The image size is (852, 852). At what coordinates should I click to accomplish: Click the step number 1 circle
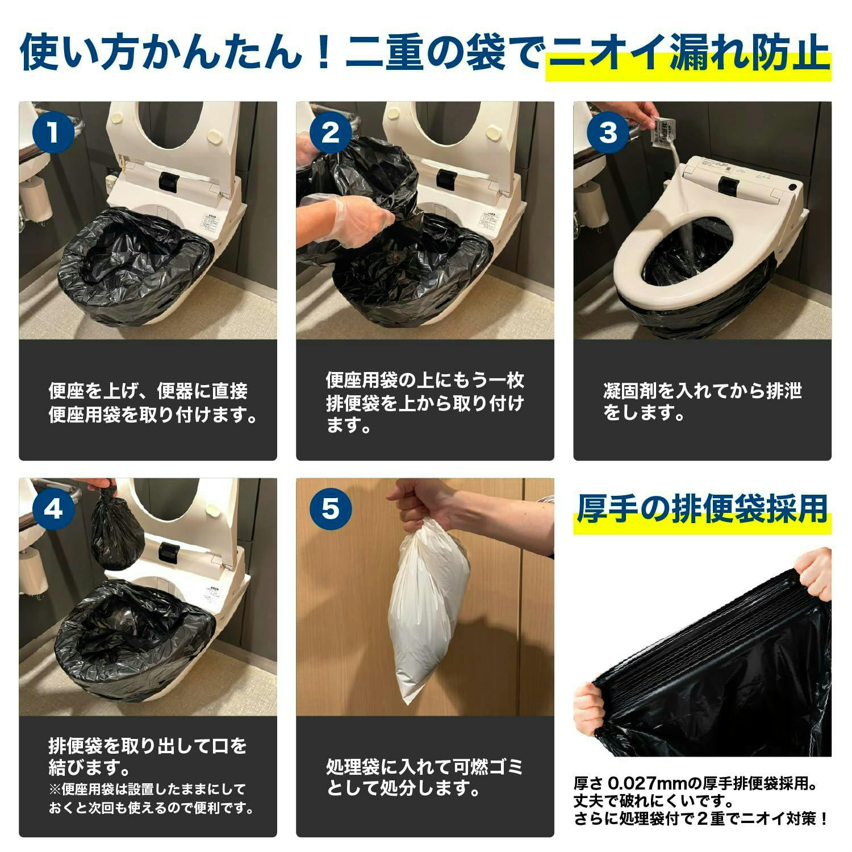click(53, 132)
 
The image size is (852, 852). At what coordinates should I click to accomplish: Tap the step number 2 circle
click(331, 132)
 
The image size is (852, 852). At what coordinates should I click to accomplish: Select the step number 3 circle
click(608, 132)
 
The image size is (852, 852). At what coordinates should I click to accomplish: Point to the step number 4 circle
click(53, 508)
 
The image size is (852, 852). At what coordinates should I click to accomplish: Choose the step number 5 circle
click(331, 508)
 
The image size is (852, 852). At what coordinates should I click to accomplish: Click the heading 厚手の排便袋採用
click(702, 508)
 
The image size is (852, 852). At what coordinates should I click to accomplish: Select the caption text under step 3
click(702, 402)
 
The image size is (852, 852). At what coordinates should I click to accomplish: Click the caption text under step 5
click(424, 777)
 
